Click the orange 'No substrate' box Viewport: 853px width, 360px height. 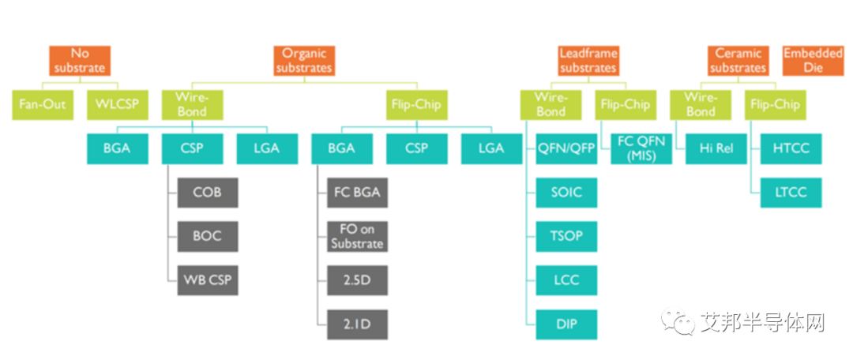click(x=80, y=61)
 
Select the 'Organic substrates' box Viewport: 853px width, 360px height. click(x=304, y=61)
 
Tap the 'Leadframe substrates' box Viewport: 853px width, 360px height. click(x=588, y=61)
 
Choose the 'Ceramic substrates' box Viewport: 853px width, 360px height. click(x=738, y=61)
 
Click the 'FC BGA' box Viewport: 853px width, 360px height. click(x=357, y=193)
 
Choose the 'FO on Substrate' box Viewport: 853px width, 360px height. click(x=357, y=236)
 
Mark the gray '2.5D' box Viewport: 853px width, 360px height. click(x=357, y=280)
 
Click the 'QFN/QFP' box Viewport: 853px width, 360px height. click(x=566, y=148)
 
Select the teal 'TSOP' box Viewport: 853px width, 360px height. click(x=566, y=235)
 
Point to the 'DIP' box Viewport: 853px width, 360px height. click(x=566, y=324)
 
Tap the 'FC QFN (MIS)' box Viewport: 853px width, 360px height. click(x=641, y=148)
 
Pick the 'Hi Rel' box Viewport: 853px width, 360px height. click(x=716, y=148)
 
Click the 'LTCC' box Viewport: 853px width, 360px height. click(x=791, y=192)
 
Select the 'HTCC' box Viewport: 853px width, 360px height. click(x=791, y=148)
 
